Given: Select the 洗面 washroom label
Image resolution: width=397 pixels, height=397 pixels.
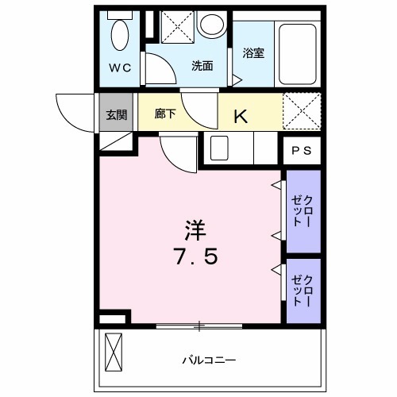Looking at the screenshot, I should click(202, 67).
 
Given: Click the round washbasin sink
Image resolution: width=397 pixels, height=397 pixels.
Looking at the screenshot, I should click(212, 25).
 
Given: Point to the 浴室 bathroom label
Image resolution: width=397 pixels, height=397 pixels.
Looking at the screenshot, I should click(252, 54).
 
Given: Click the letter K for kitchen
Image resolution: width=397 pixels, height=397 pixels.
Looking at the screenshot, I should click(240, 116).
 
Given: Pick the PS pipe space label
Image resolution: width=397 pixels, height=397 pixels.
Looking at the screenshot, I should click(302, 150).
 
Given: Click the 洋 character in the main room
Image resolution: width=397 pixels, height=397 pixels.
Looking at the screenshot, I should click(196, 230).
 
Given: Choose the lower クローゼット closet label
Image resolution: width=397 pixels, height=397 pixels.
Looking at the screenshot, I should click(303, 289).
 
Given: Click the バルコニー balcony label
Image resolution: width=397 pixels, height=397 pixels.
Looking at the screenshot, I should click(209, 359).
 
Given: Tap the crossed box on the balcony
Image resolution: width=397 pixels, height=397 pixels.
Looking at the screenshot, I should click(116, 352).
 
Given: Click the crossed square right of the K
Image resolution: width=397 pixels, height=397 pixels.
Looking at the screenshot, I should click(302, 111).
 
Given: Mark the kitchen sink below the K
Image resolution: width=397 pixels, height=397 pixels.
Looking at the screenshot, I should click(219, 148).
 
